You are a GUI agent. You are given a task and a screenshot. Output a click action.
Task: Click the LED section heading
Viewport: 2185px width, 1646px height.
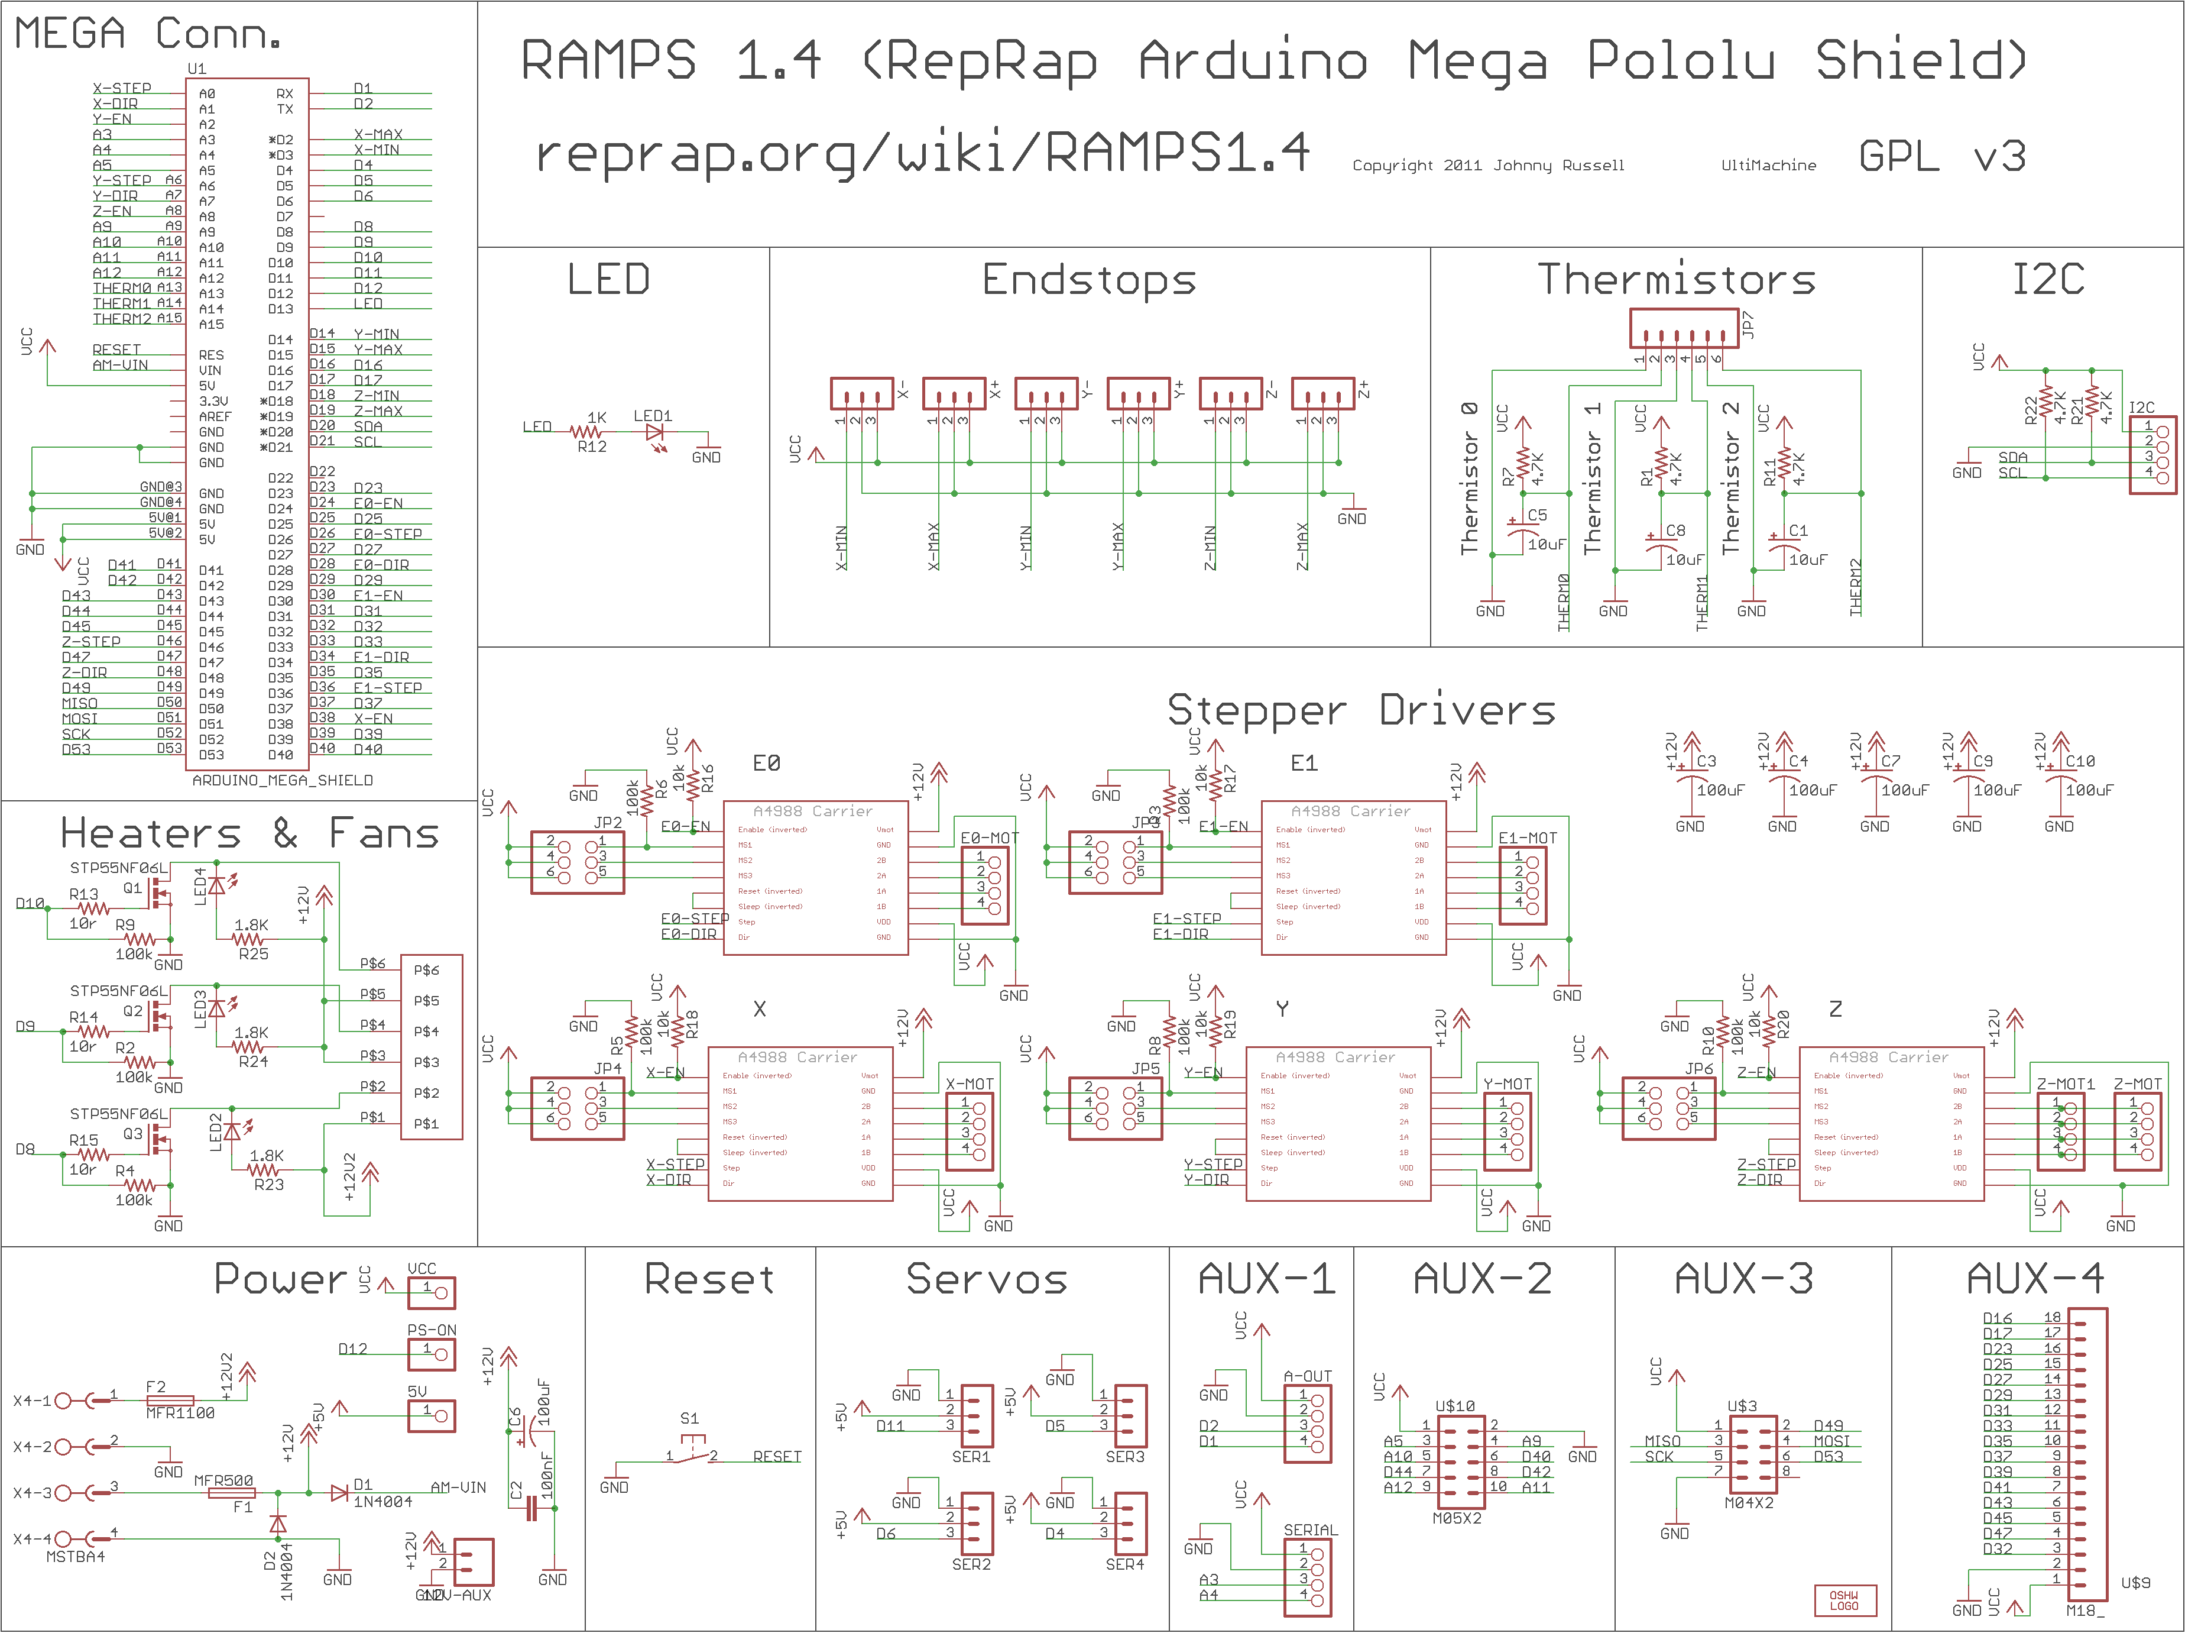tap(608, 280)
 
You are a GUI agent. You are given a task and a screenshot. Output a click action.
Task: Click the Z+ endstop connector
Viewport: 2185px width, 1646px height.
tap(1322, 393)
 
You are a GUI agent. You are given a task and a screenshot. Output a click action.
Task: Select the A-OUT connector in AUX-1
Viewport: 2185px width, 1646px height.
tap(1308, 1422)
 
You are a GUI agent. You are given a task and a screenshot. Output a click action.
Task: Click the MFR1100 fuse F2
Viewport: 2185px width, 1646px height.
tap(170, 1401)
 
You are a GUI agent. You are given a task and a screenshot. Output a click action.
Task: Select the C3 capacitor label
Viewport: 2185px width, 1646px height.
tap(1706, 761)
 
